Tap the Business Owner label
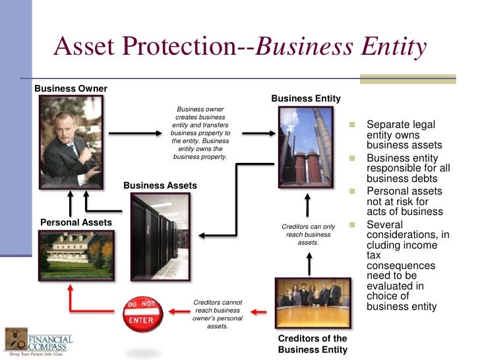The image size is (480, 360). point(71,88)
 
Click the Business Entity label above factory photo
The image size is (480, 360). point(306,99)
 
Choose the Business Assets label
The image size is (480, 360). point(160,185)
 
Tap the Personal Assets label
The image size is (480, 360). point(76,223)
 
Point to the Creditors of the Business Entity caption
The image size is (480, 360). point(313,344)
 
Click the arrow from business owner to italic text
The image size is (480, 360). point(135,133)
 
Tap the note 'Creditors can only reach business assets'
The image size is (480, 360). point(308,234)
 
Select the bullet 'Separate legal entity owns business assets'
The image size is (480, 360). point(404,135)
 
